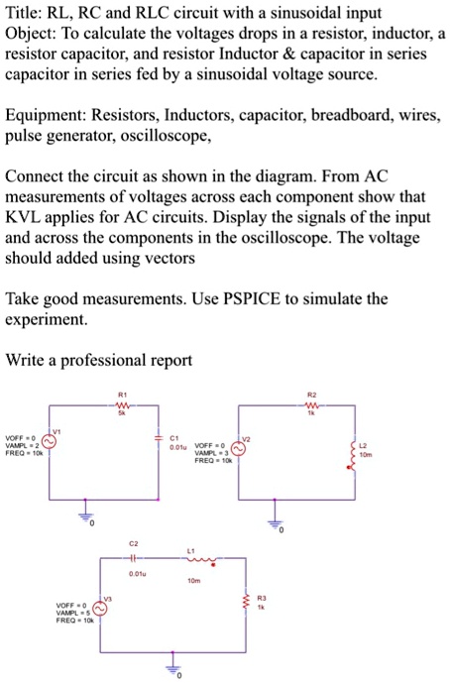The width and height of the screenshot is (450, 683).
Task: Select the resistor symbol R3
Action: point(248,600)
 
